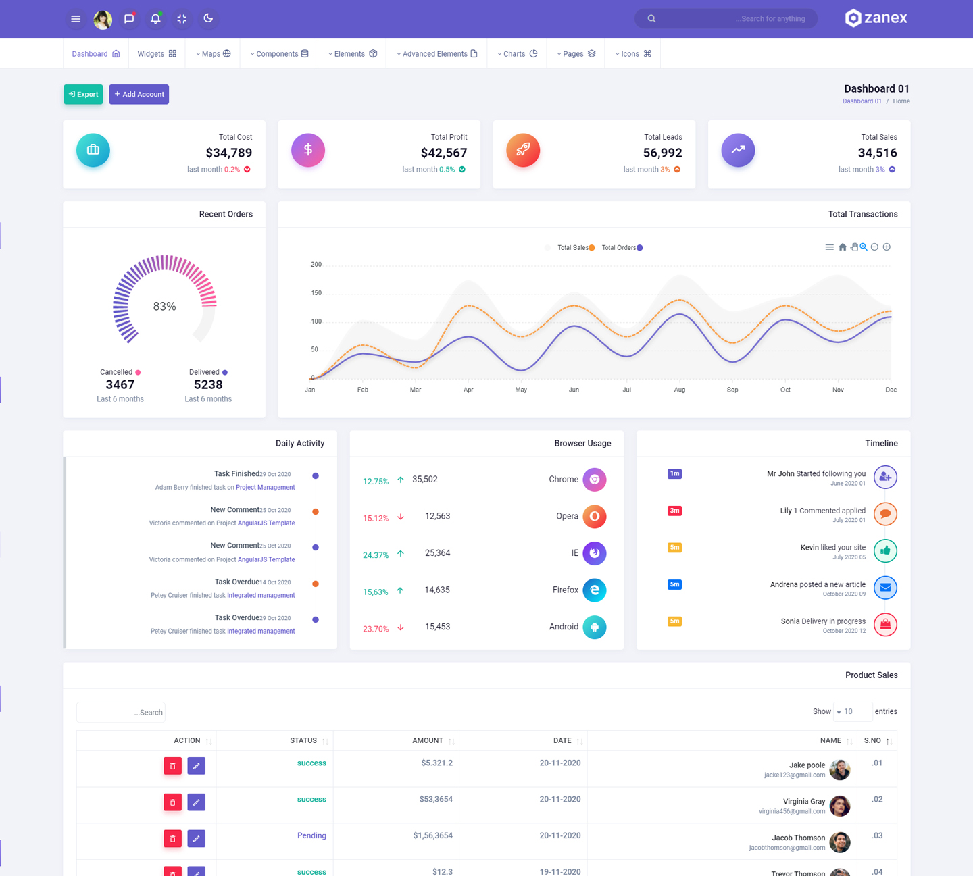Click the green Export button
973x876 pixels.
pos(83,95)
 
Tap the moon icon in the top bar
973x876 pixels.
pos(208,18)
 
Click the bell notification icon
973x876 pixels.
pos(155,19)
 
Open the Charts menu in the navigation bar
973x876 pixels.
pos(518,54)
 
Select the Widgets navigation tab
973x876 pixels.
pos(157,54)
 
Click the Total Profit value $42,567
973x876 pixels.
pos(443,153)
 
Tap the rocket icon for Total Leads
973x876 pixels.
pos(523,150)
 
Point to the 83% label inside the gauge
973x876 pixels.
pos(164,307)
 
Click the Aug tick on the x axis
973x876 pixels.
pos(680,390)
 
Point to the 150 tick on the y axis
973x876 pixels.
pos(316,293)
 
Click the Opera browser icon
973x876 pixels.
pos(595,517)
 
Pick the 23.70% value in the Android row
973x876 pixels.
pos(376,629)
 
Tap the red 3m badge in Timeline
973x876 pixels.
pos(674,511)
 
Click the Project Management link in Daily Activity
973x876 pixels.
pos(266,488)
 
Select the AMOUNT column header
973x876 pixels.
pos(428,741)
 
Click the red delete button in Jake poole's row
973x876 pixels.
pos(173,766)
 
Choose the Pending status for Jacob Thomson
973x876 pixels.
pos(311,835)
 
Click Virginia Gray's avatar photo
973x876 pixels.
pos(840,806)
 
